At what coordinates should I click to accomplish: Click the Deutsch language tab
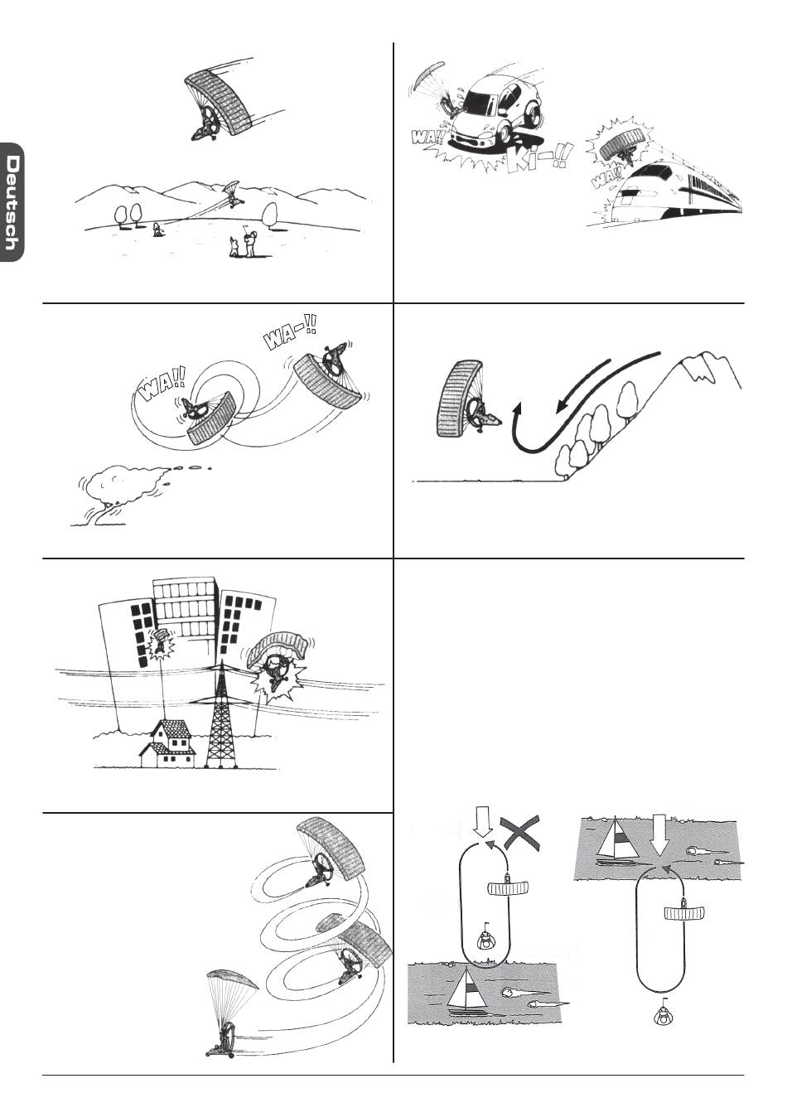tap(11, 202)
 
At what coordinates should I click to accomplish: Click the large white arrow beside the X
tap(482, 826)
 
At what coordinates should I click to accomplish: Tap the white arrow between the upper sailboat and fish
tap(661, 836)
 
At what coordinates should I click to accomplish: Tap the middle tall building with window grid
tap(186, 608)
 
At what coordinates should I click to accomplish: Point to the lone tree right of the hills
tap(271, 215)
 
